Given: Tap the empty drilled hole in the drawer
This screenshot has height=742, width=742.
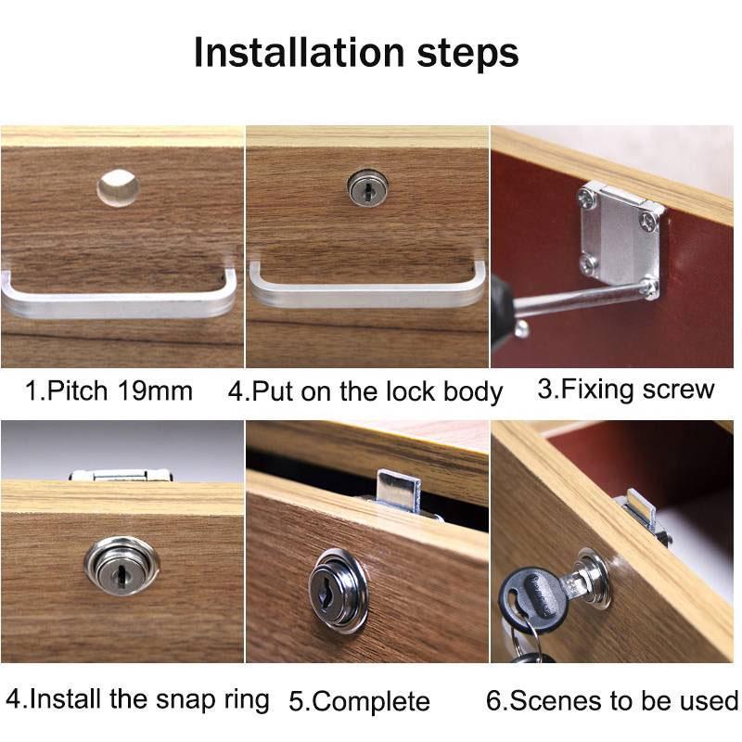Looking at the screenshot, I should click(x=118, y=188).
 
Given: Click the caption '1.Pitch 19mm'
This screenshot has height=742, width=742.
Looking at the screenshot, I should click(x=109, y=390).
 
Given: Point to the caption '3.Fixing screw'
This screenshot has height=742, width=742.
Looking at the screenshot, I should click(x=626, y=388).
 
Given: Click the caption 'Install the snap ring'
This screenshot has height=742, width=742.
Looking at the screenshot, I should click(x=137, y=697).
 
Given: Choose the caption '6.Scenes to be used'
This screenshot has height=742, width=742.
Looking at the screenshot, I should click(x=612, y=699).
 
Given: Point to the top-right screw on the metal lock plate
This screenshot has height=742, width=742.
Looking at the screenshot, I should click(x=648, y=222).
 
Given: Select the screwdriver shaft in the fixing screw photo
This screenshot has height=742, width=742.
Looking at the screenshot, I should click(x=575, y=299).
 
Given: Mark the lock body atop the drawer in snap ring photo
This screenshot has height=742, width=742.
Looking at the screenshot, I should click(x=121, y=474).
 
